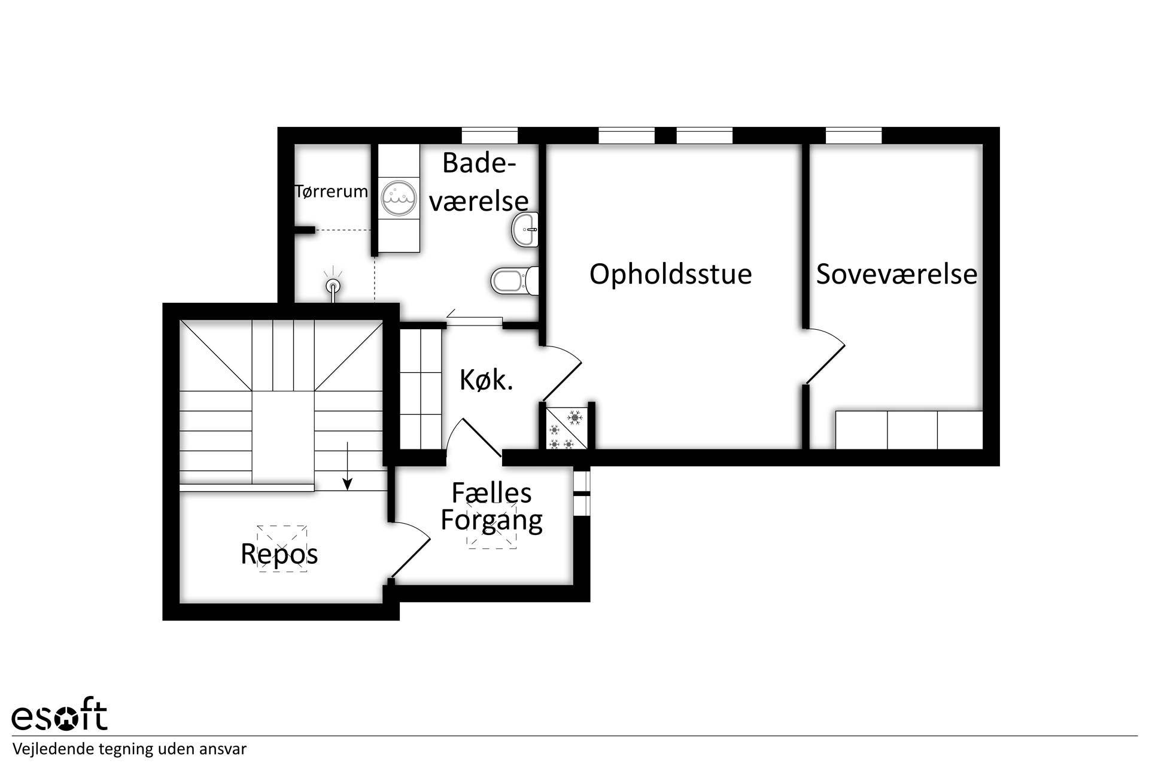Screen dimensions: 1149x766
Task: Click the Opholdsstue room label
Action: [670, 275]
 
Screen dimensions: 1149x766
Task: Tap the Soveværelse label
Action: [896, 274]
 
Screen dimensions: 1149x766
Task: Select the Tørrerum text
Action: [332, 191]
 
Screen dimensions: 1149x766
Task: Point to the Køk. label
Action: [486, 380]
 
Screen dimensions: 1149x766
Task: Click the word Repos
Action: [279, 554]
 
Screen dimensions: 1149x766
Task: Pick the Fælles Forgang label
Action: [491, 507]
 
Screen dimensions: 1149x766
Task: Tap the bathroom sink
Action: [525, 229]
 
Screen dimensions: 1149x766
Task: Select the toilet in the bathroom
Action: [515, 281]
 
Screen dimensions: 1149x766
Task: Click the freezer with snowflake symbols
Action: [567, 428]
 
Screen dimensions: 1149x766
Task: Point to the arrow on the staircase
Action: [348, 466]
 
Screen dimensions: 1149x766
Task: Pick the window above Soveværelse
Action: [854, 135]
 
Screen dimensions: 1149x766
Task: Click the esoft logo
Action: [60, 714]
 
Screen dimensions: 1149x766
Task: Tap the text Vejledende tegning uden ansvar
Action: [129, 749]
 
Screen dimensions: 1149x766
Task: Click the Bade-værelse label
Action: [479, 182]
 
